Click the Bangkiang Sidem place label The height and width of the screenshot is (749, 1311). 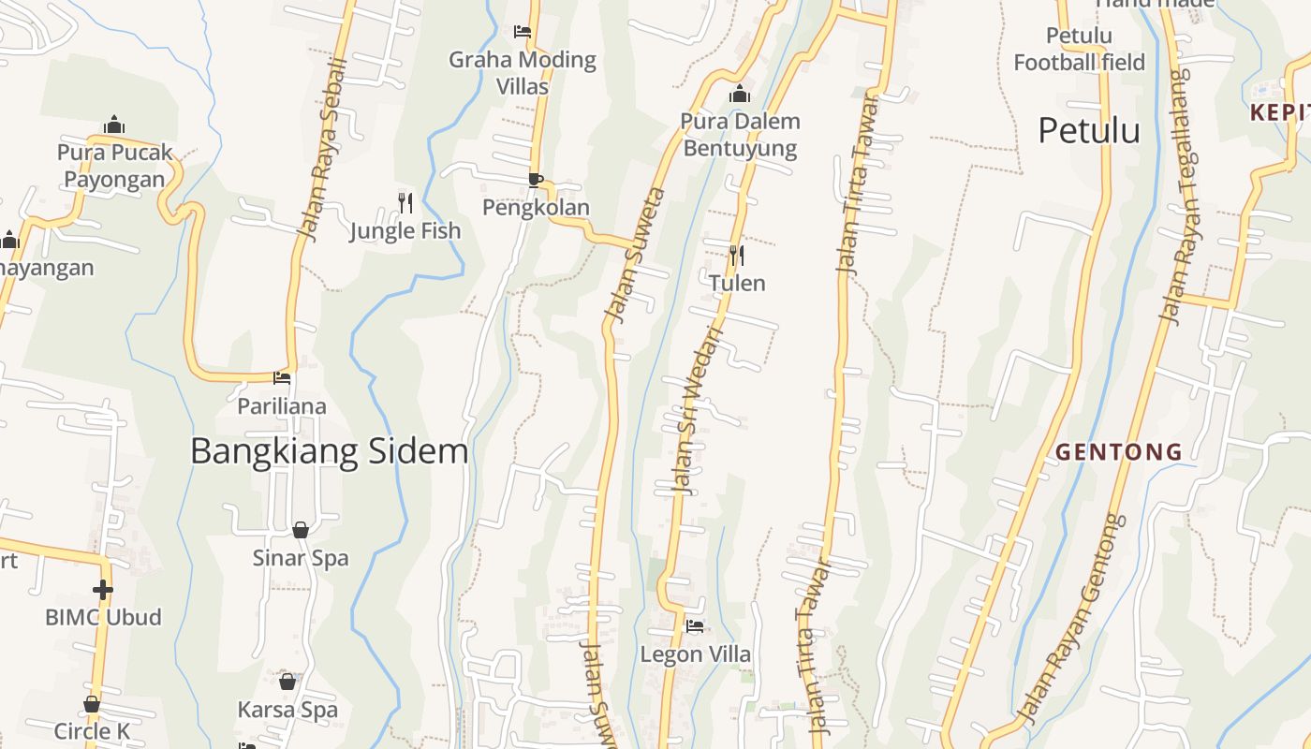[x=329, y=451]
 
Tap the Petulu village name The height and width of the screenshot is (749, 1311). [x=1088, y=130]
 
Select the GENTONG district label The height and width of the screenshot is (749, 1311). [x=1119, y=452]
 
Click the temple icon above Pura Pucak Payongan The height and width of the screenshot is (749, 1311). [x=114, y=125]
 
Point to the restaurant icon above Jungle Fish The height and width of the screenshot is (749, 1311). [x=405, y=202]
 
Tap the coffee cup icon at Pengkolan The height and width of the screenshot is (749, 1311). [x=535, y=180]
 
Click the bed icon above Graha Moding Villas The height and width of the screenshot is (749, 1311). [x=523, y=32]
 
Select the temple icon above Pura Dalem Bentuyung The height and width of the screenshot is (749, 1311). [x=740, y=94]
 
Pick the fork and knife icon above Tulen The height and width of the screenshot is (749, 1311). [x=737, y=255]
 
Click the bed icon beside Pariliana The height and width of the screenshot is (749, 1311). [x=282, y=378]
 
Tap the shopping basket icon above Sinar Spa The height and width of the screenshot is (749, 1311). [x=301, y=531]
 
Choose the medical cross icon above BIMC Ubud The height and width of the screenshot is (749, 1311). [x=103, y=590]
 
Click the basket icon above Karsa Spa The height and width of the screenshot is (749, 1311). [x=287, y=682]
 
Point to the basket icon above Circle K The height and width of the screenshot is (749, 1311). [x=92, y=704]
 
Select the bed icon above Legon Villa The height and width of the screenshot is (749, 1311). [x=695, y=626]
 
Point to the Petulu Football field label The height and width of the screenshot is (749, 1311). [x=1079, y=50]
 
